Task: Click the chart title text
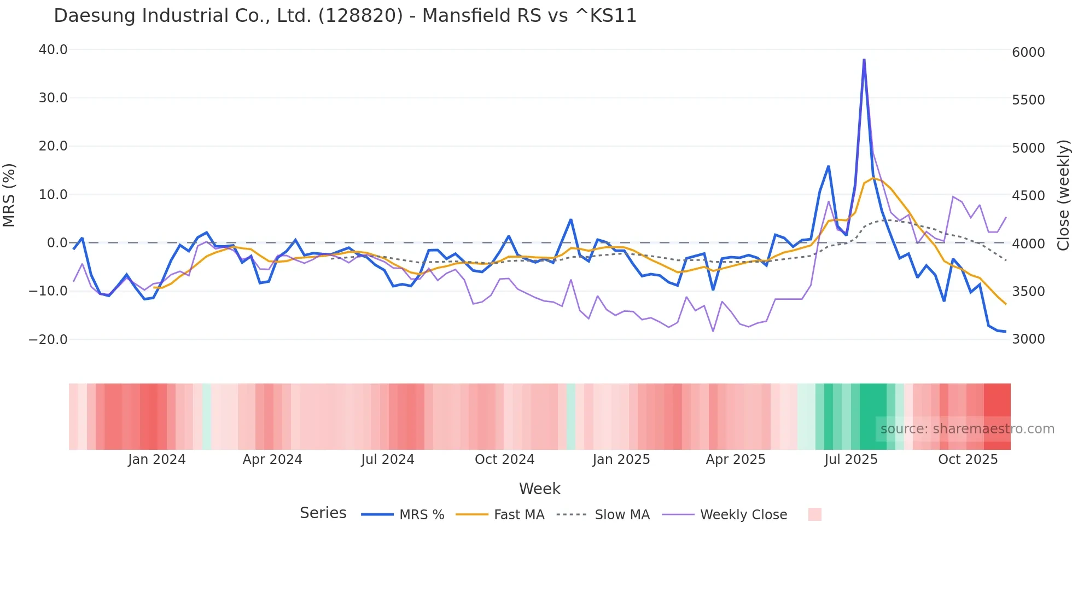point(345,15)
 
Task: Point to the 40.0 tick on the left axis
point(53,50)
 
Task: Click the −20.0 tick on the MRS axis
point(48,340)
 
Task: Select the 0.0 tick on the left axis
point(57,243)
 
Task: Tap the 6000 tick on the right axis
point(1028,53)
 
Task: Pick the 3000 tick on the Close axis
point(1028,339)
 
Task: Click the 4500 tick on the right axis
point(1028,196)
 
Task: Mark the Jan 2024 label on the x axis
point(157,460)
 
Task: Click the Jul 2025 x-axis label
point(851,460)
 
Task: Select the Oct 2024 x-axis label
point(504,460)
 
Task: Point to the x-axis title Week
point(539,489)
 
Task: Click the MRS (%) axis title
point(9,195)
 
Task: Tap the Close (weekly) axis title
point(1063,195)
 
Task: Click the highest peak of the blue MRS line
point(864,60)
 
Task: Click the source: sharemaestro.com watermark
point(967,429)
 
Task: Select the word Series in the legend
point(323,513)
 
